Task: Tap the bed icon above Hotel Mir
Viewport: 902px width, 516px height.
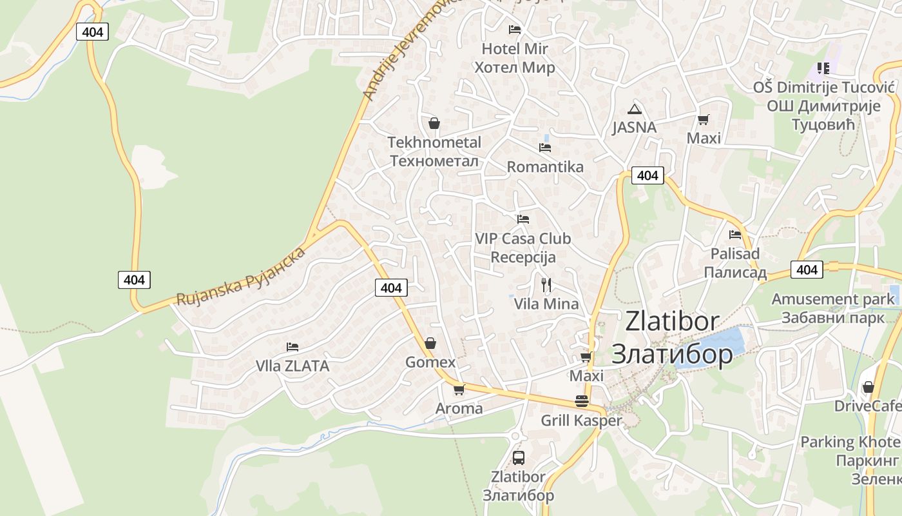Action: (x=514, y=30)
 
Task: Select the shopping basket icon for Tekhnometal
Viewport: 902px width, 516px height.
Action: (x=434, y=123)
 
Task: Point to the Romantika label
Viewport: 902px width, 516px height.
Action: (x=545, y=167)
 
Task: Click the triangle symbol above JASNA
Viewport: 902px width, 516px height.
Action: (x=635, y=109)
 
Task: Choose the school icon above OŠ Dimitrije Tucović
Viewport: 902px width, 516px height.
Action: (x=823, y=68)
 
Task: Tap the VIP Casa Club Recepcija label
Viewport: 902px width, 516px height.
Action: (x=523, y=248)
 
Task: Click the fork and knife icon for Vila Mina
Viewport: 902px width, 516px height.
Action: (x=546, y=284)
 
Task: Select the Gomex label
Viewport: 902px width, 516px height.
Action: (x=430, y=362)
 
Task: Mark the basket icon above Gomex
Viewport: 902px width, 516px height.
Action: (x=430, y=343)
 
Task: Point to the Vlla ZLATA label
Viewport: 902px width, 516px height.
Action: (x=293, y=366)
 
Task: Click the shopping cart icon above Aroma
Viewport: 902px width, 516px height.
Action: (x=459, y=390)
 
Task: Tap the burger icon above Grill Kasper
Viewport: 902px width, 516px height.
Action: (x=582, y=401)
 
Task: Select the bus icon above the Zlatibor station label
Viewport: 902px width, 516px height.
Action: (x=518, y=458)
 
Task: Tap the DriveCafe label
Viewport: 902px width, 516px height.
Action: (x=867, y=406)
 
